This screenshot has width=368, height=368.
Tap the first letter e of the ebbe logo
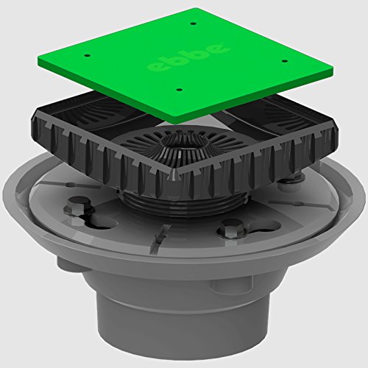pyautogui.click(x=157, y=66)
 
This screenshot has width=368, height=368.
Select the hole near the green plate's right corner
pyautogui.click(x=284, y=60)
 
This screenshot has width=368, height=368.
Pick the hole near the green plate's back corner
pyautogui.click(x=194, y=24)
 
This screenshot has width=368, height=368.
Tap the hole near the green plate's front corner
pyautogui.click(x=180, y=89)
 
